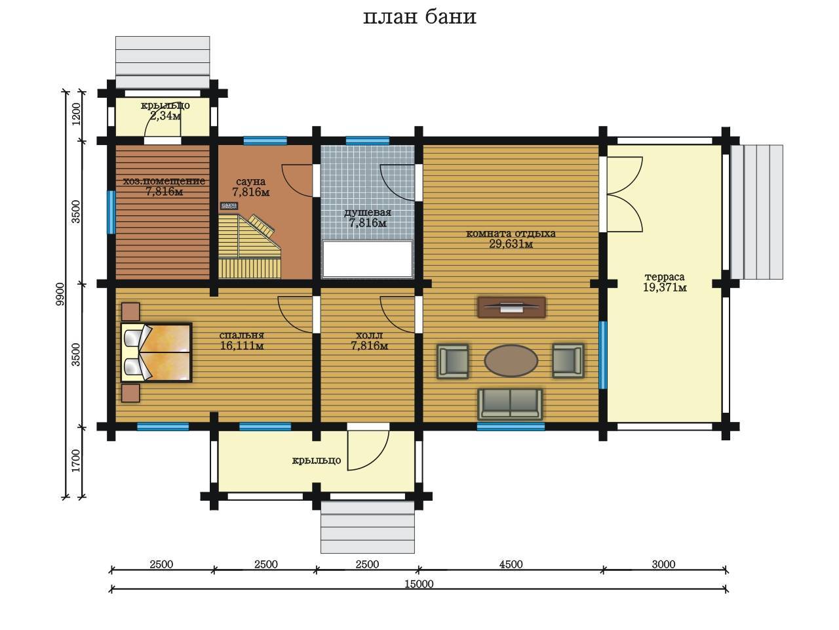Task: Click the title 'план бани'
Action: [x=419, y=17]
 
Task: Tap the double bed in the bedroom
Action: [x=156, y=352]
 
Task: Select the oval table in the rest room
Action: [x=511, y=360]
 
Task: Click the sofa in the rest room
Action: [x=510, y=404]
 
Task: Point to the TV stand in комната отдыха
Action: [x=511, y=306]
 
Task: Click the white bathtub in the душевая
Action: [x=367, y=259]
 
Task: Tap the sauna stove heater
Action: [x=229, y=206]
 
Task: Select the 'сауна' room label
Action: [x=251, y=182]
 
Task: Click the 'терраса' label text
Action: [x=665, y=277]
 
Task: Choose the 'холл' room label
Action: [x=369, y=335]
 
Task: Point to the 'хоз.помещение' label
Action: [x=164, y=181]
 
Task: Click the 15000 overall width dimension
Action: [x=419, y=584]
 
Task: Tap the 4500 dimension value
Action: [x=511, y=564]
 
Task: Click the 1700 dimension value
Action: [x=77, y=461]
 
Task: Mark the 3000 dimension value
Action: [x=663, y=564]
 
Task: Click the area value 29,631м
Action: [x=511, y=244]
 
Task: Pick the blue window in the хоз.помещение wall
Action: [x=111, y=212]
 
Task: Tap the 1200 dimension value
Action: [x=77, y=114]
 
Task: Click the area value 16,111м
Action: [x=242, y=346]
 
